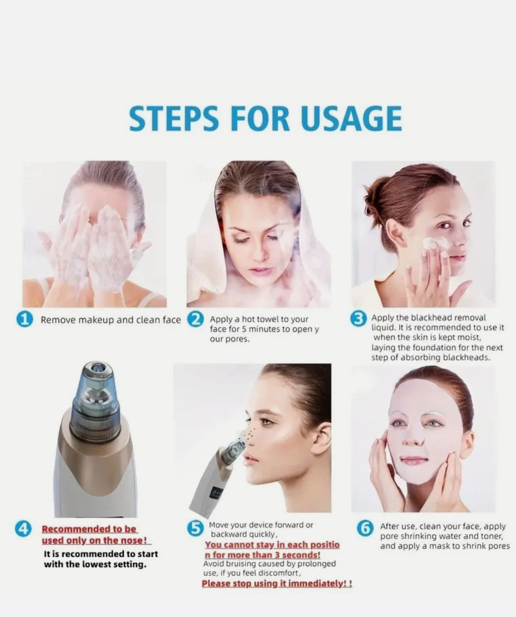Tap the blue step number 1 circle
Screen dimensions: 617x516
25,320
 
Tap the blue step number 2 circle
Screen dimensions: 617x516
196,320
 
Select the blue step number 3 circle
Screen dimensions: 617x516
362,319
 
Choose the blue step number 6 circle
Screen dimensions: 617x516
365,528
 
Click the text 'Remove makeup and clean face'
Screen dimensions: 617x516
110,320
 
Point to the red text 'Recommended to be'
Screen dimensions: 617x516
89,529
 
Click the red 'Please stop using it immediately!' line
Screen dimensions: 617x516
277,584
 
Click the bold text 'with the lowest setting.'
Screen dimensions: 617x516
95,564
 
